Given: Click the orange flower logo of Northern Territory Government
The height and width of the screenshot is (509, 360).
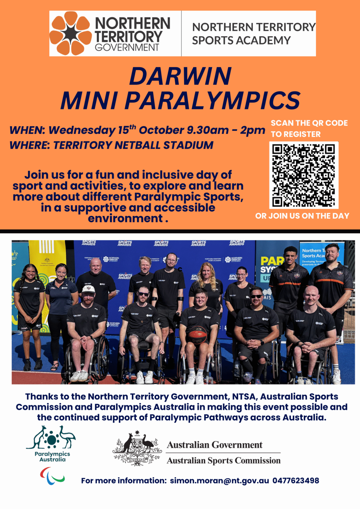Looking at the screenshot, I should click(70, 33).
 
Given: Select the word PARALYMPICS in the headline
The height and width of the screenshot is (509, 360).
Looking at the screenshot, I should click(212, 100).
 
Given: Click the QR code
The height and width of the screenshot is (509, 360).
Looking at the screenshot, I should click(304, 175).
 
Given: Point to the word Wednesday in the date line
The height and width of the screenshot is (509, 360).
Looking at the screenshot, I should click(82, 130).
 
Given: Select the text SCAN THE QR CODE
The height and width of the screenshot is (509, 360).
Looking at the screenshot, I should click(309, 123).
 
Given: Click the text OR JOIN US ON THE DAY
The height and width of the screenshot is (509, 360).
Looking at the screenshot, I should click(302, 216).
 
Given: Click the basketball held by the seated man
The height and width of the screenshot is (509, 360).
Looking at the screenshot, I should click(198, 334).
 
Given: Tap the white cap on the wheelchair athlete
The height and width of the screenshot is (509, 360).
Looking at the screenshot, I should click(88, 289).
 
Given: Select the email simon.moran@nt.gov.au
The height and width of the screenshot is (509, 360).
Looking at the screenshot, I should click(219, 481).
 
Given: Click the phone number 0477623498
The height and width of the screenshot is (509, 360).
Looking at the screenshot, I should click(296, 481).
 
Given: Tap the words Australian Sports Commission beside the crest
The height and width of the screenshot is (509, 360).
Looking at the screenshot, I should click(223, 461).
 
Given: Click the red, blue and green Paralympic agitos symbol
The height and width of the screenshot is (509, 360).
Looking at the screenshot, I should click(52, 476).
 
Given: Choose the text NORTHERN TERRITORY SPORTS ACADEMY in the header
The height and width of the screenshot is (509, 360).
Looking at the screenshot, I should click(254, 33).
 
